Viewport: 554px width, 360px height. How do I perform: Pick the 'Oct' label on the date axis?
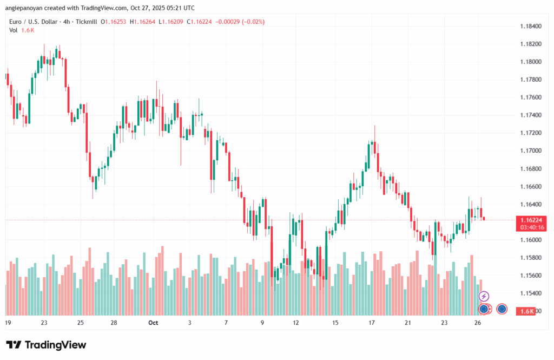pos(153,323)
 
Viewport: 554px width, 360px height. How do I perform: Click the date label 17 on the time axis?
pos(372,323)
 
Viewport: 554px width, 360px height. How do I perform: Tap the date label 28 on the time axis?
pos(115,323)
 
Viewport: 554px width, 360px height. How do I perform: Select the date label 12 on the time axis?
pos(296,323)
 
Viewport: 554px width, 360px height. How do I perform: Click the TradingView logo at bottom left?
pos(46,345)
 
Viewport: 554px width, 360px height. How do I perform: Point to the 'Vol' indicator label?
pos(14,30)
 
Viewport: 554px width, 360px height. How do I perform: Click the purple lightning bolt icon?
pos(484,296)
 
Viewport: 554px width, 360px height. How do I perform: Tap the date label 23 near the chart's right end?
pos(444,323)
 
